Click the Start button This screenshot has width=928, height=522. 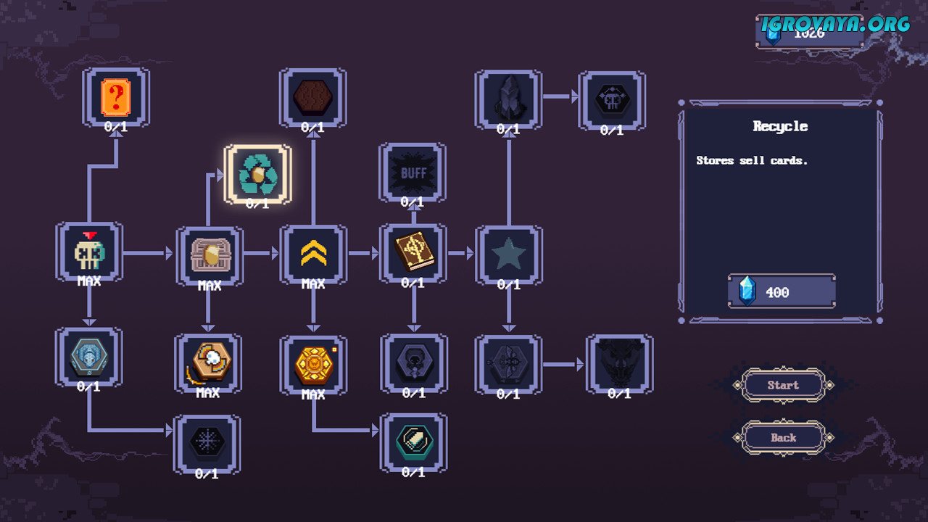(x=783, y=385)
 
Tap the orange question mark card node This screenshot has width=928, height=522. (x=116, y=99)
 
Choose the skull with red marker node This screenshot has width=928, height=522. (x=89, y=251)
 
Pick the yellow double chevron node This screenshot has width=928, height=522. (x=313, y=253)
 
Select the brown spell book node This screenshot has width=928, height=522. (x=413, y=252)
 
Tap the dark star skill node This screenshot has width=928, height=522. (x=508, y=254)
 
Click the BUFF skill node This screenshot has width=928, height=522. (x=413, y=173)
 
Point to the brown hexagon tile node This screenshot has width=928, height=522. (x=312, y=99)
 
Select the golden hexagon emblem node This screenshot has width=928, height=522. (x=313, y=364)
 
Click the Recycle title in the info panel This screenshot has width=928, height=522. (x=780, y=126)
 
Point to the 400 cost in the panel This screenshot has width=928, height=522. (x=777, y=292)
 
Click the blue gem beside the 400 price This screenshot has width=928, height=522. (x=747, y=291)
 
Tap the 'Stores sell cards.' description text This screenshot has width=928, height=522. (x=752, y=160)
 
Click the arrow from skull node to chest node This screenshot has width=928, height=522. (x=148, y=253)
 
